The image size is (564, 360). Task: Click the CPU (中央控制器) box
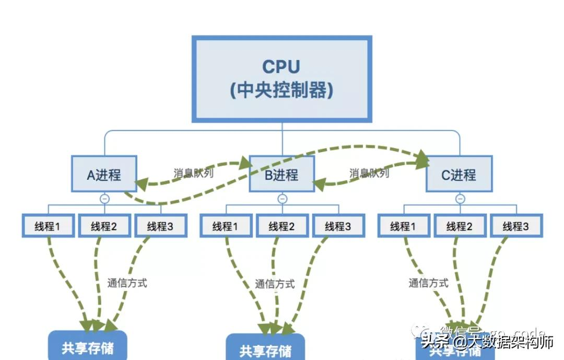(282, 79)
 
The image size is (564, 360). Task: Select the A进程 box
(104, 175)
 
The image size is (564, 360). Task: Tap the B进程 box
(282, 175)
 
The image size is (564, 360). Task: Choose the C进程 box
(459, 175)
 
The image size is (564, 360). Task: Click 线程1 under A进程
(48, 226)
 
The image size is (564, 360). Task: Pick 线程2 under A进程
(104, 226)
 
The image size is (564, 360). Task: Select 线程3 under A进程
(160, 226)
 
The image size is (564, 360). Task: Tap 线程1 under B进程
(226, 226)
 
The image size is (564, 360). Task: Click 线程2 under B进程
(282, 226)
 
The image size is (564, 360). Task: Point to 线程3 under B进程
(338, 226)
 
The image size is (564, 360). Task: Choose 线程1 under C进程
(404, 226)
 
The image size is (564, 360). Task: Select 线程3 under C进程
(516, 226)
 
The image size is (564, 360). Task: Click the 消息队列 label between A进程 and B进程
(193, 173)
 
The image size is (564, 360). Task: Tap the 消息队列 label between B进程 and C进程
(369, 173)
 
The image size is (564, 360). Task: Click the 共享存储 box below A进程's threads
(88, 346)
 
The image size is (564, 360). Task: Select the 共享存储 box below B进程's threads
(265, 349)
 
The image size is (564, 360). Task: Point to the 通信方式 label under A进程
(127, 283)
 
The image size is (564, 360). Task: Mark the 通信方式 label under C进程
(428, 283)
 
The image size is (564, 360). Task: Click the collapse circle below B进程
(282, 199)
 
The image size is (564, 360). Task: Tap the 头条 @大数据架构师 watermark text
(487, 342)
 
